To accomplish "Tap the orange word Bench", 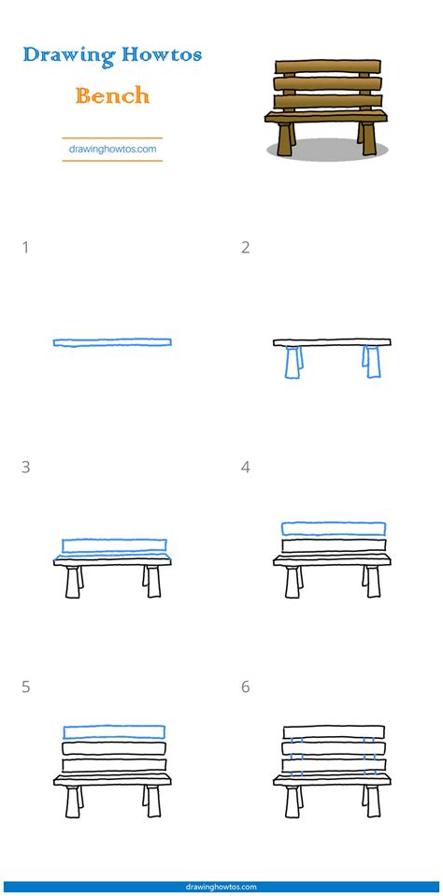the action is [112, 95].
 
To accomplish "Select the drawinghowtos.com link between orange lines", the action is [112, 150].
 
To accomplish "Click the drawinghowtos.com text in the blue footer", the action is [221, 887].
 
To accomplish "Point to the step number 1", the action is [25, 248].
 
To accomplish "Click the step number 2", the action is [246, 248].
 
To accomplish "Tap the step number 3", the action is [25, 468].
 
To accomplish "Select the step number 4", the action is [246, 468].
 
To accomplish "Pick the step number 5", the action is [25, 686].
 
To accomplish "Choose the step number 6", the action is [246, 686].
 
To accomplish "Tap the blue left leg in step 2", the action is [294, 362].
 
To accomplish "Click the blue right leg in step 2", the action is [372, 362].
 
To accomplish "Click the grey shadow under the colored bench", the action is [327, 150].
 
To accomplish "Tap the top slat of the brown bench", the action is [328, 66].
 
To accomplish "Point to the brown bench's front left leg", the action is [285, 138].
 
